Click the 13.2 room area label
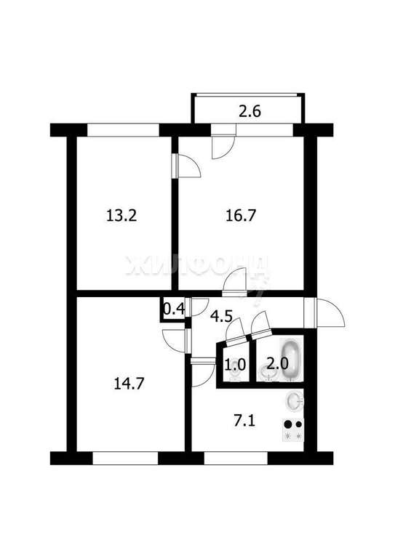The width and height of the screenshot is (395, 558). tap(121, 216)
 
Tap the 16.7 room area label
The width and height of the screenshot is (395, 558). tap(241, 216)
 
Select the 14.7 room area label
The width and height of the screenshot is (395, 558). tap(129, 384)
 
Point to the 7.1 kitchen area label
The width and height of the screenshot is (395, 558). tap(244, 422)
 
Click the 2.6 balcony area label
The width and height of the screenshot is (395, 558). tap(250, 111)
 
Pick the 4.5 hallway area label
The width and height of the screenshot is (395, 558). tap(221, 315)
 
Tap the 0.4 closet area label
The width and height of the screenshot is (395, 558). tap(174, 309)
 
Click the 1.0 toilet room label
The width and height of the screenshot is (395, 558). tap(235, 365)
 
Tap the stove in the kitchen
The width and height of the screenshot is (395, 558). tap(293, 429)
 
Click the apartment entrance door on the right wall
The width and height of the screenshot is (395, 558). tap(325, 312)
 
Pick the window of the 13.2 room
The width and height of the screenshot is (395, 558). tap(123, 130)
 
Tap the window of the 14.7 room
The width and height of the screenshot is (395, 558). tap(125, 458)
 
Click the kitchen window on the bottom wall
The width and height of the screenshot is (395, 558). tap(236, 458)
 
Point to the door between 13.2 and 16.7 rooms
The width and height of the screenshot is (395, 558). tap(186, 166)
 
